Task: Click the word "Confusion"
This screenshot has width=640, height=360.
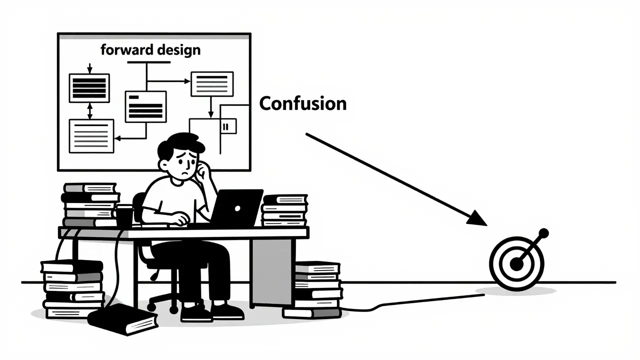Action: (303, 103)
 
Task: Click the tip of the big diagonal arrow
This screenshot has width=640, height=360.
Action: (487, 225)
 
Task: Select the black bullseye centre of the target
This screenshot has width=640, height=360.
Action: (516, 263)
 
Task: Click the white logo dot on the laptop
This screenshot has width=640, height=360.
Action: (237, 209)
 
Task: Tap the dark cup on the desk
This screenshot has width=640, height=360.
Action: (125, 216)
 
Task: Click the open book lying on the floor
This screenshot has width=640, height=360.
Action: (123, 319)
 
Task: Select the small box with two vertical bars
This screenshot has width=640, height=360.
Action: (228, 126)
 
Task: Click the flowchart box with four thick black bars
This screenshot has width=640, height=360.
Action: (89, 88)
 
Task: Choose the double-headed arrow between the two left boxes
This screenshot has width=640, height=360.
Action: (89, 111)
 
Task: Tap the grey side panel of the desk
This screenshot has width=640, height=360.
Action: (271, 271)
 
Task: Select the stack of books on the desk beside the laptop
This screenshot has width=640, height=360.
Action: (284, 210)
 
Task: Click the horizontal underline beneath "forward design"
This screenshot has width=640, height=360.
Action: (149, 62)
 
